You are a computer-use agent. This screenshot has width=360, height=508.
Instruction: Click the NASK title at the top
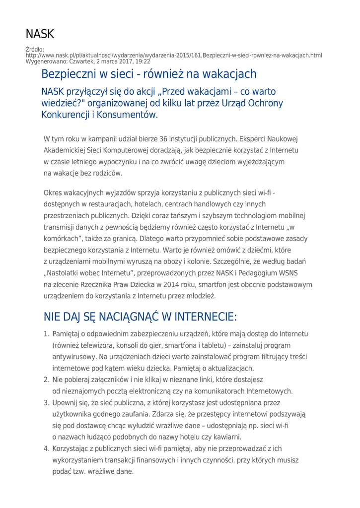[40, 34]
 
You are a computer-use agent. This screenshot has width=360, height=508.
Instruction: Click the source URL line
[174, 55]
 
